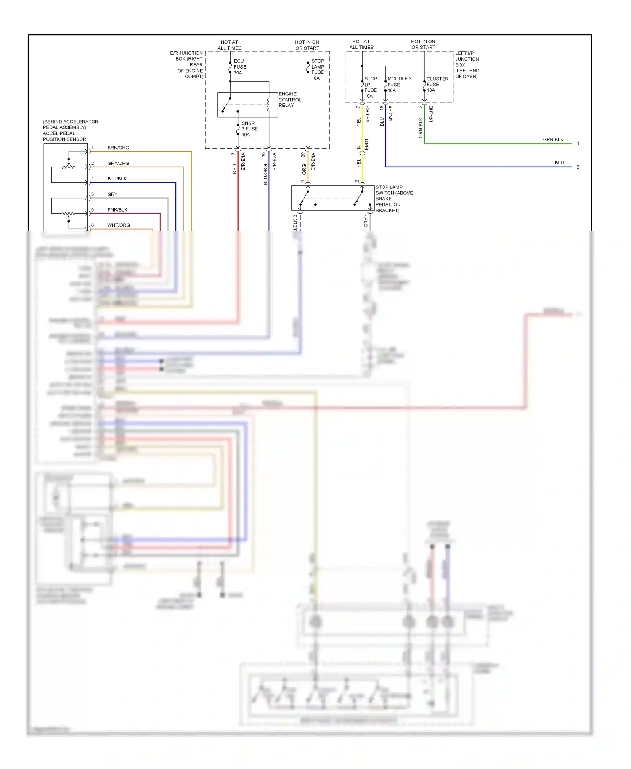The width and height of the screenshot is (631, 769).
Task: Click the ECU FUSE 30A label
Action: tap(240, 67)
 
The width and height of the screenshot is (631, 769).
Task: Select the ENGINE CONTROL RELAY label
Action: tap(289, 100)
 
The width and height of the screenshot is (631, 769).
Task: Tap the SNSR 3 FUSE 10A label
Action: tap(249, 129)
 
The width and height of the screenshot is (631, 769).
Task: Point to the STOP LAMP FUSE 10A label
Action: tap(318, 69)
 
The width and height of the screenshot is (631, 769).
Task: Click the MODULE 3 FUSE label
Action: tap(399, 84)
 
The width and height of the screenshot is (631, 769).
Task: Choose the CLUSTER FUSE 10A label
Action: tap(437, 84)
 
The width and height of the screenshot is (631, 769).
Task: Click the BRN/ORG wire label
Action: tap(118, 148)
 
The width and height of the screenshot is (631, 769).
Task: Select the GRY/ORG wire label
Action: tap(118, 163)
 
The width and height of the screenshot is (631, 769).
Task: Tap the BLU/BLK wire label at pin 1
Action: tap(117, 179)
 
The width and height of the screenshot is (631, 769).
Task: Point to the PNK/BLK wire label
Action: tap(117, 210)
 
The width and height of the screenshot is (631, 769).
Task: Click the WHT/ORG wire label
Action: tap(118, 225)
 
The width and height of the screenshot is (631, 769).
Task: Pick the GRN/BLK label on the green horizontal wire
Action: tap(553, 139)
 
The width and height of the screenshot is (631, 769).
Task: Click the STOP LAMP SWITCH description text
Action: tap(394, 199)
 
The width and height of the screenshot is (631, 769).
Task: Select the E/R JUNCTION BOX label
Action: tap(187, 64)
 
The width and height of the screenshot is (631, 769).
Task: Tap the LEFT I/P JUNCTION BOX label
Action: tap(467, 65)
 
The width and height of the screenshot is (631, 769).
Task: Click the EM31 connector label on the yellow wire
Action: tap(366, 144)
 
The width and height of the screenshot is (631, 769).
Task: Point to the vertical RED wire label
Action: tap(234, 169)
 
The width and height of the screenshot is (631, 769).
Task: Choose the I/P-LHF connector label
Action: tap(391, 114)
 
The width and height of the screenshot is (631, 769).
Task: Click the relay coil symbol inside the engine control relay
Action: tap(268, 104)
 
